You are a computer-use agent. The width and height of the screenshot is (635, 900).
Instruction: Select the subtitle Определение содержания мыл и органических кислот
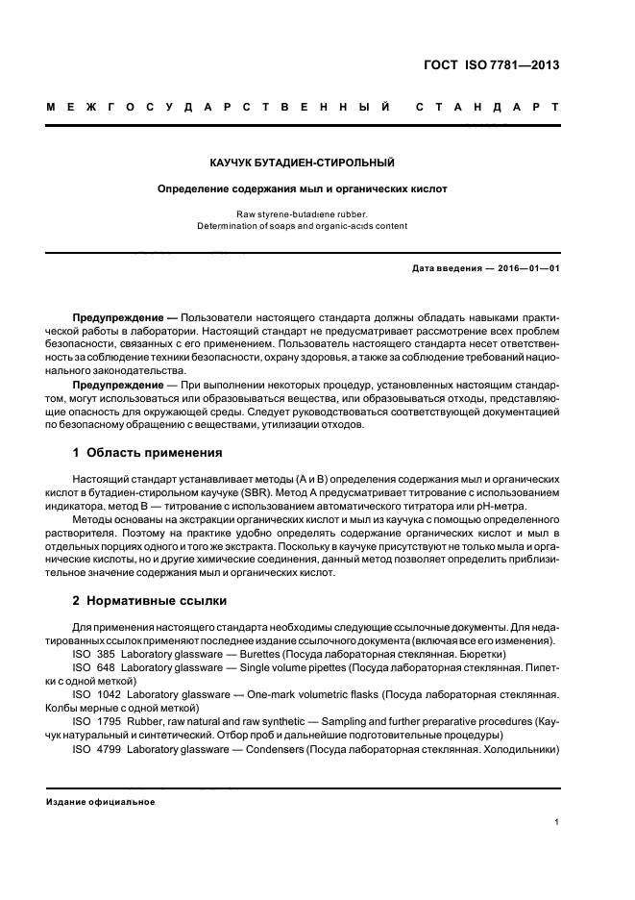(x=303, y=189)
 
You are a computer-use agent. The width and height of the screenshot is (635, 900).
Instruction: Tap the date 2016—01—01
(x=527, y=268)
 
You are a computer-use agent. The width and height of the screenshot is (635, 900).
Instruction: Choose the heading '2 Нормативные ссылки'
(x=150, y=600)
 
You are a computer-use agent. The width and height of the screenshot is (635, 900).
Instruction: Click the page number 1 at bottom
(x=557, y=822)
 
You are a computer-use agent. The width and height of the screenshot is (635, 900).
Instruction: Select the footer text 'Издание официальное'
(x=101, y=801)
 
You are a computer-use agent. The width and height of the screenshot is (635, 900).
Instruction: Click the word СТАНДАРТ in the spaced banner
(x=486, y=106)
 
